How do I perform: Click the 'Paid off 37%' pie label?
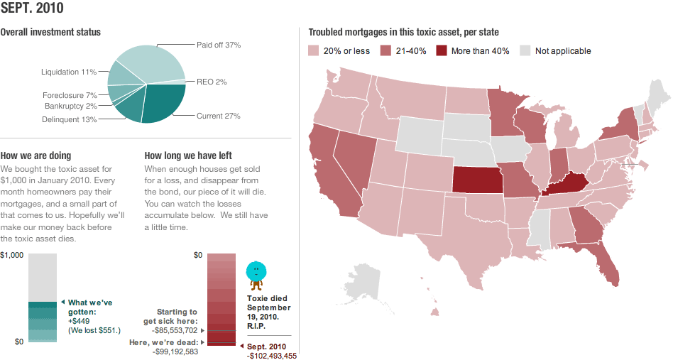coord(219,45)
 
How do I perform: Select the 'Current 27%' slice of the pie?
coord(163,103)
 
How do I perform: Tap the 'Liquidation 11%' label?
coord(69,72)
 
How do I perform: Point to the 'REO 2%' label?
coord(212,82)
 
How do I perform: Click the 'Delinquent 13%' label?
coord(69,119)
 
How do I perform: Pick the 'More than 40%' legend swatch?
coord(442,50)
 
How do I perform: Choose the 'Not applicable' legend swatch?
coord(525,50)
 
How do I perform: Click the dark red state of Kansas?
coord(477,180)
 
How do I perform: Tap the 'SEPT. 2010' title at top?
coord(32,8)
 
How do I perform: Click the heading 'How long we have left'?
coord(188,156)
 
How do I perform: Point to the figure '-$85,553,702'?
coord(175,330)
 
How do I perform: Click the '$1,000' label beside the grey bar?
coord(12,256)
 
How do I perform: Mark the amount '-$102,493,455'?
coord(272,356)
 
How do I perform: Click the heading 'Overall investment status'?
coord(50,32)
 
